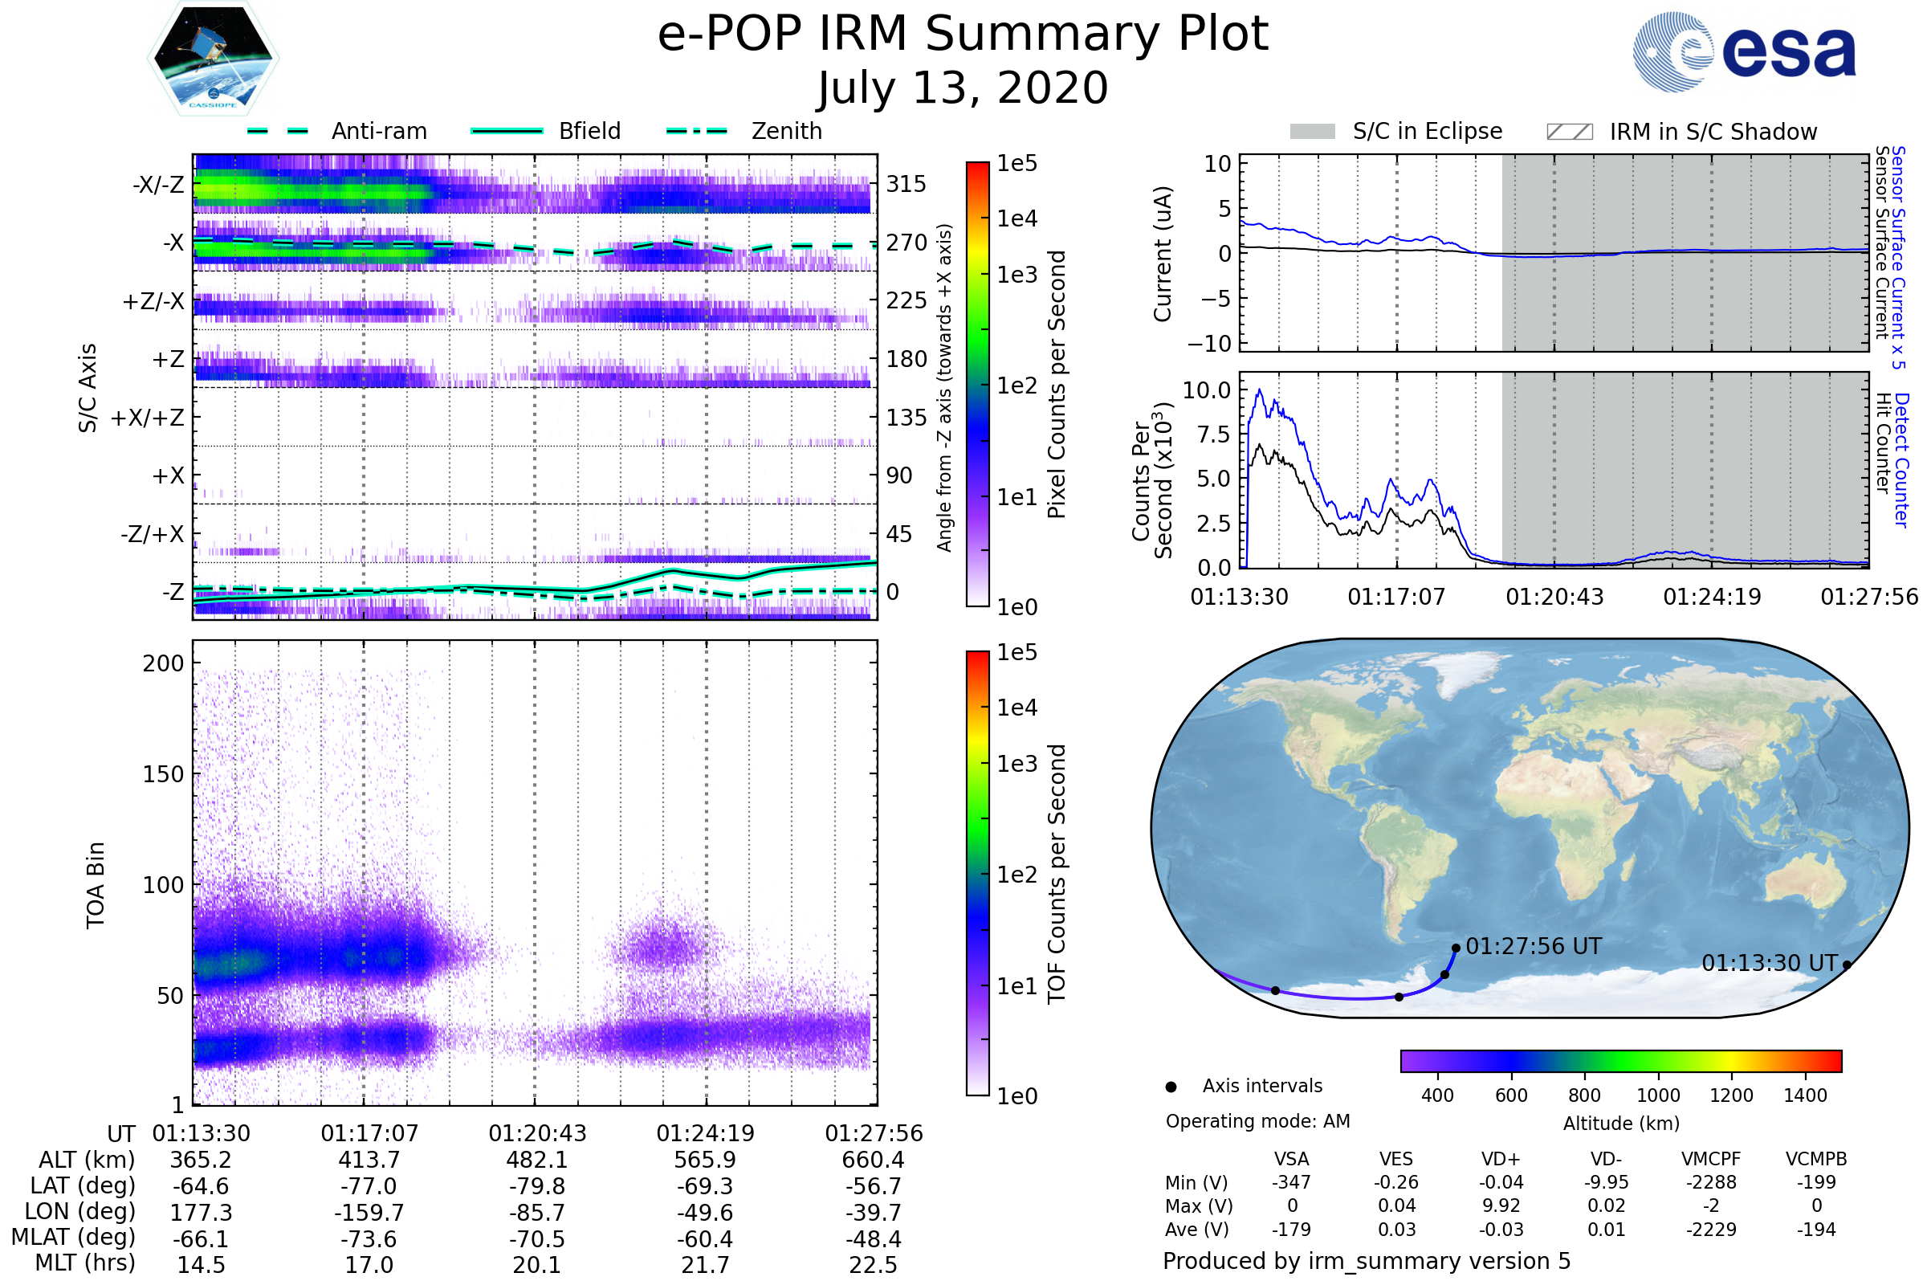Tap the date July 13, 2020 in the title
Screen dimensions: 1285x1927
pos(963,88)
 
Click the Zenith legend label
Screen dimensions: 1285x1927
pos(787,131)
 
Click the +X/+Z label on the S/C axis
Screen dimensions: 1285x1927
pos(148,418)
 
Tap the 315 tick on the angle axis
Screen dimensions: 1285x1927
pos(906,184)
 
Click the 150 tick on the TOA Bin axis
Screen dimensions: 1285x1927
pos(163,774)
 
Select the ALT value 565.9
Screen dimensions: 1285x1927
pos(705,1160)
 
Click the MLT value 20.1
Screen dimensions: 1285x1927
pos(536,1264)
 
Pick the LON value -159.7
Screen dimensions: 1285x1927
pos(369,1212)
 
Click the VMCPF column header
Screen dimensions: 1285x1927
pos(1711,1159)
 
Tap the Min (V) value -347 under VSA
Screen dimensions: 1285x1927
pos(1291,1182)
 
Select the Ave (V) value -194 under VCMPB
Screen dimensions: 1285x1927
pos(1815,1230)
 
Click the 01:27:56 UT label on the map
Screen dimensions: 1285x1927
pos(1533,947)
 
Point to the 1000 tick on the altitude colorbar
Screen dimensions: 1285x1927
pos(1657,1095)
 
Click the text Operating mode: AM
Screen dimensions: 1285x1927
pos(1257,1121)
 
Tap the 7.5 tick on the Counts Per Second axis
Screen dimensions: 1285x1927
pos(1213,434)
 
